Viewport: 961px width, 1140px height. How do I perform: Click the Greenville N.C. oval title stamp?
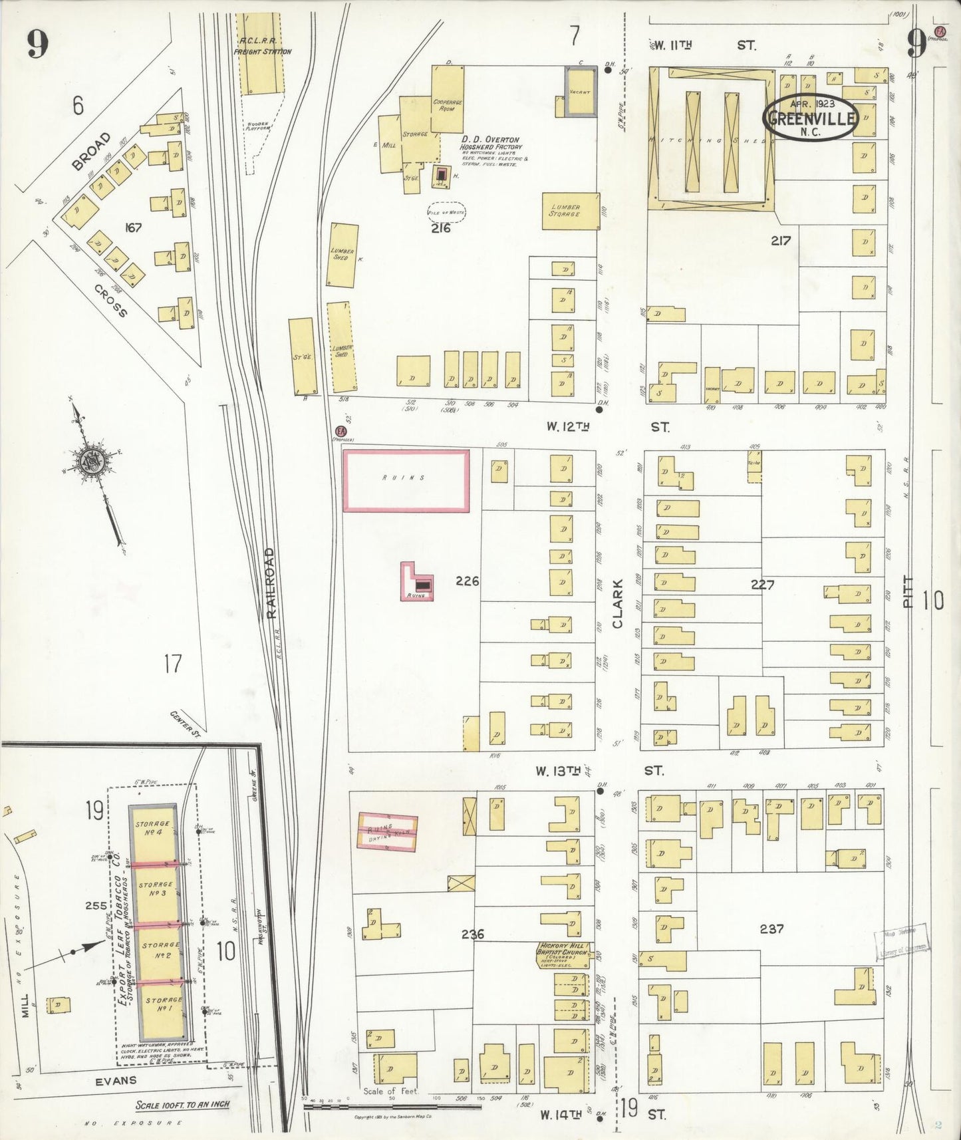pos(810,117)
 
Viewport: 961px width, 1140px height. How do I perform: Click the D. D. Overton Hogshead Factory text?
pos(490,144)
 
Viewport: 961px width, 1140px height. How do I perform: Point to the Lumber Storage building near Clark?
pos(571,211)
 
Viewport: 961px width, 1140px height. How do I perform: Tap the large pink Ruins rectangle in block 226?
pos(406,480)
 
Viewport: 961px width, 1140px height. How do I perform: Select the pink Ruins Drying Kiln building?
pos(388,833)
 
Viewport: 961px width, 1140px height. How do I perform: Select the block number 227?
pos(762,585)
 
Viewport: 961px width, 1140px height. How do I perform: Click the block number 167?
pos(134,228)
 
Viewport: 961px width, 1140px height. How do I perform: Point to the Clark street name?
pos(617,604)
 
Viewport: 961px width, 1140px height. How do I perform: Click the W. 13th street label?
pos(560,772)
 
